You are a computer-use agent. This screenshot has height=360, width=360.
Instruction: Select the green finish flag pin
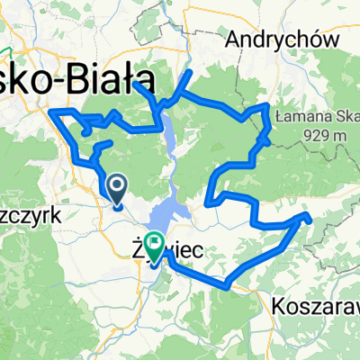coord(154,243)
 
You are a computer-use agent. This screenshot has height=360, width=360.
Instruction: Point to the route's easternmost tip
coord(308,216)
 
